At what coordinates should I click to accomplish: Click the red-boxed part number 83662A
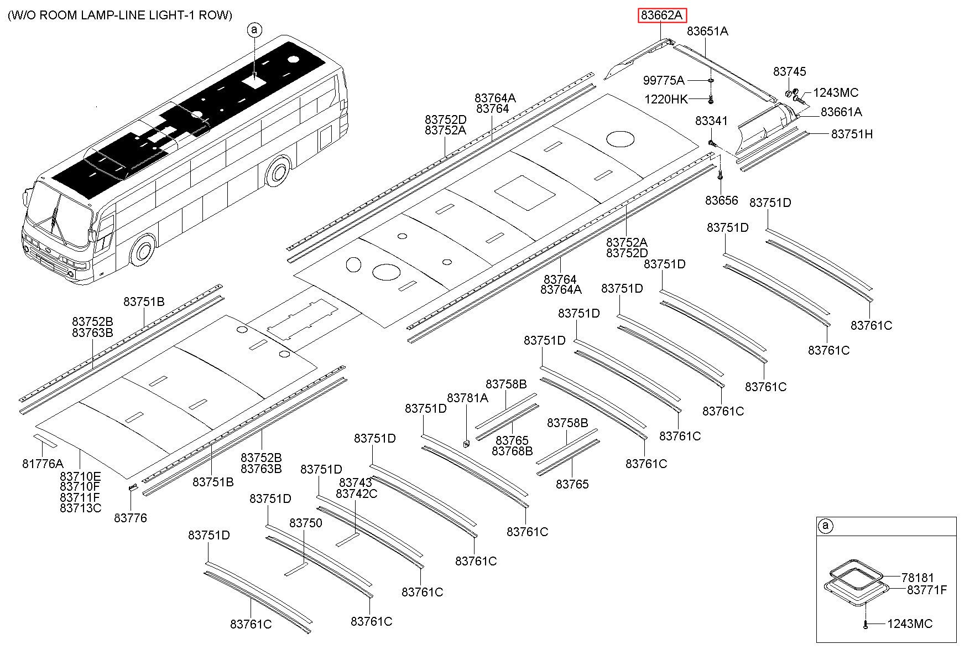[663, 15]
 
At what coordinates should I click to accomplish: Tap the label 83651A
[707, 32]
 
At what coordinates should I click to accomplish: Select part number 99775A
[664, 81]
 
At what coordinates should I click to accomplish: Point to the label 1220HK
[666, 100]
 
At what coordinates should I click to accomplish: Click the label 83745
[790, 72]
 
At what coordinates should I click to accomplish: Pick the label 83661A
[841, 112]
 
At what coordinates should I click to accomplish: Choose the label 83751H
[852, 134]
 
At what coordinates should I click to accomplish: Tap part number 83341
[712, 121]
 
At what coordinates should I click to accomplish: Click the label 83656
[722, 200]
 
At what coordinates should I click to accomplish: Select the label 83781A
[467, 398]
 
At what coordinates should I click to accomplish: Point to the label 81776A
[43, 464]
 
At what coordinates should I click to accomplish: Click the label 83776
[131, 518]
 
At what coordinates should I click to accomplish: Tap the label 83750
[306, 523]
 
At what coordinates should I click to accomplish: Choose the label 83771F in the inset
[927, 590]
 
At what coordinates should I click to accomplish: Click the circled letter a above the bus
[254, 30]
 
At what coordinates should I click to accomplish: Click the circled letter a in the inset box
[825, 526]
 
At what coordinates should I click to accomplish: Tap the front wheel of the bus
[143, 251]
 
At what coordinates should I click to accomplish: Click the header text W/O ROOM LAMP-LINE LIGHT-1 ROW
[120, 15]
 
